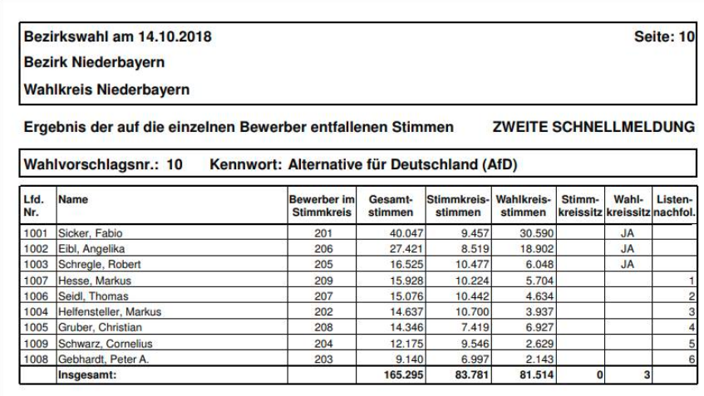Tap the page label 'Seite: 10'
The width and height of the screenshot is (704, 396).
tap(664, 37)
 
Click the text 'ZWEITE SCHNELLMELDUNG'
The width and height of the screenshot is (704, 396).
tap(593, 127)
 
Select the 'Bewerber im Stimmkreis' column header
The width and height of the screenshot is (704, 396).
tap(322, 205)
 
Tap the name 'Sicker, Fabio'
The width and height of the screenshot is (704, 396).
tap(90, 234)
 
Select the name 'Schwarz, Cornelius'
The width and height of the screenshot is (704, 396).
tap(101, 344)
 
